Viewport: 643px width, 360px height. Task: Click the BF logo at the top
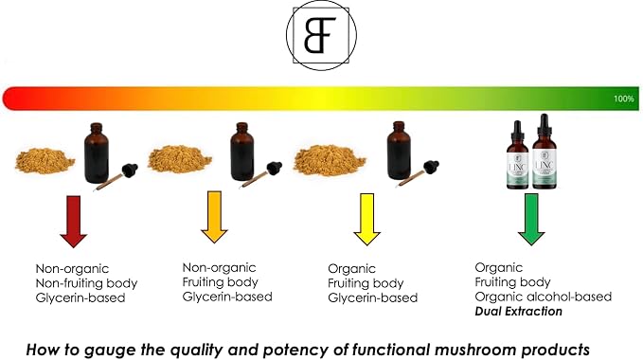click(x=321, y=35)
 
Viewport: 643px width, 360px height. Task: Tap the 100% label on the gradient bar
click(x=623, y=99)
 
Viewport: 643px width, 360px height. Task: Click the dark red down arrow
click(x=74, y=222)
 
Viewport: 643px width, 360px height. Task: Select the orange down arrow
click(x=214, y=217)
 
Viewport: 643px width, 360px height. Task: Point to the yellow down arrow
click(x=366, y=220)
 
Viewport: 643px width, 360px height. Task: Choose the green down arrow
click(x=531, y=220)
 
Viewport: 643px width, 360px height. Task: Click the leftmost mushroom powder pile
click(x=45, y=161)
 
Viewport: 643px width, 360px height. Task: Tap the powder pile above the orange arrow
click(x=180, y=159)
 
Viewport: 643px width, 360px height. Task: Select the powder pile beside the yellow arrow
click(x=330, y=160)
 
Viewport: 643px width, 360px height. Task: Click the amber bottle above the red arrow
click(x=97, y=153)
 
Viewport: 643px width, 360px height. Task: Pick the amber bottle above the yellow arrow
click(x=399, y=151)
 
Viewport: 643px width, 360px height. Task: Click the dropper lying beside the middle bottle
click(x=261, y=174)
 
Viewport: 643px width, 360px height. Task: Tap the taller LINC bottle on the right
click(x=545, y=152)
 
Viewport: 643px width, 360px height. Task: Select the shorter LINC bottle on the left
click(x=517, y=155)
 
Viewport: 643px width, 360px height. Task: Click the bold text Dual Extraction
click(x=518, y=311)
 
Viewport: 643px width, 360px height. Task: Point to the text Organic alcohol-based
click(x=543, y=297)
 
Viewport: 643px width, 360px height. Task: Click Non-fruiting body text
click(x=86, y=283)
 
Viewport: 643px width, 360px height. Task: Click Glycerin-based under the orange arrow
click(x=227, y=297)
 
